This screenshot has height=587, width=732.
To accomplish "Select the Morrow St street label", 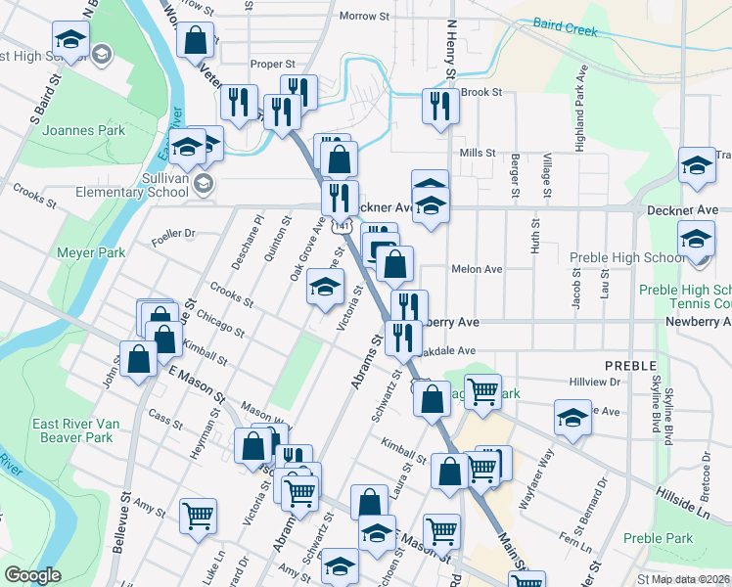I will [364, 16].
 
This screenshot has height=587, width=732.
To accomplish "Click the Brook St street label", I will [480, 92].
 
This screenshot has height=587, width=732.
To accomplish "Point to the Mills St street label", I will [478, 154].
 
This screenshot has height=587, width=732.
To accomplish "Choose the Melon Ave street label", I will [477, 269].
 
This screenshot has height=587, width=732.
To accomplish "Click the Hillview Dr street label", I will [595, 383].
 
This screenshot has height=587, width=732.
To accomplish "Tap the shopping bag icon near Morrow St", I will [196, 40].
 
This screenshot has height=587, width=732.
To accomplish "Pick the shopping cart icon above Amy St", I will [199, 515].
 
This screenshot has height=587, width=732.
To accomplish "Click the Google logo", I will [33, 575].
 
